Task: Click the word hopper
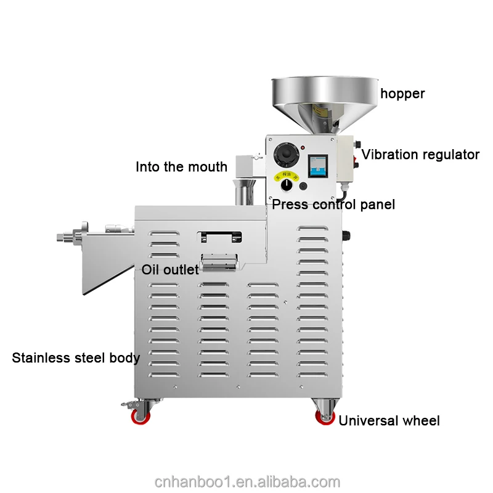pyautogui.click(x=402, y=94)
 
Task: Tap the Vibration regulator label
pyautogui.click(x=420, y=154)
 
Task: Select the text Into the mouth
pyautogui.click(x=181, y=167)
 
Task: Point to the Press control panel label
pyautogui.click(x=333, y=204)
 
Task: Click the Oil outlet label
pyautogui.click(x=170, y=269)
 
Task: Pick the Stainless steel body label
pyautogui.click(x=76, y=357)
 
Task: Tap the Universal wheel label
pyautogui.click(x=389, y=421)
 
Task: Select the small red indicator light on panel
pyautogui.click(x=303, y=147)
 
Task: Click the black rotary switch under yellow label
pyautogui.click(x=287, y=185)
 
